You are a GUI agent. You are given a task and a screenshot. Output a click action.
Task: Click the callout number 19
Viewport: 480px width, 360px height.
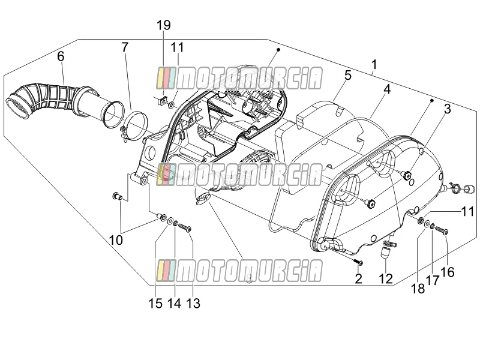click(164, 25)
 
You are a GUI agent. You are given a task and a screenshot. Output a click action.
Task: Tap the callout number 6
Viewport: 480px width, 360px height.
click(61, 56)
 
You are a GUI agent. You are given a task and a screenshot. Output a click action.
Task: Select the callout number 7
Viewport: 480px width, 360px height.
click(125, 47)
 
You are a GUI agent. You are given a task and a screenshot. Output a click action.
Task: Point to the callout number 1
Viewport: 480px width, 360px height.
click(374, 65)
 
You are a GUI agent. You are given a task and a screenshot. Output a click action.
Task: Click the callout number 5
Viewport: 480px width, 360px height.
click(348, 76)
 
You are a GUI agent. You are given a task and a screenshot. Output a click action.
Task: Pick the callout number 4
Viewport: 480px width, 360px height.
click(387, 89)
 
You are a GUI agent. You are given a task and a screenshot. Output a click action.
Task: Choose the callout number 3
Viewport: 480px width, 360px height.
click(447, 109)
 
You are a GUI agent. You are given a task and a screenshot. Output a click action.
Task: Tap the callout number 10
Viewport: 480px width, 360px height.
click(116, 241)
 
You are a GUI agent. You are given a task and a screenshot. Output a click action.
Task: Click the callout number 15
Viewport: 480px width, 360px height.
click(155, 304)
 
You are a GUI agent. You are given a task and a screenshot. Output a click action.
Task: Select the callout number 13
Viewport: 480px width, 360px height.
click(193, 304)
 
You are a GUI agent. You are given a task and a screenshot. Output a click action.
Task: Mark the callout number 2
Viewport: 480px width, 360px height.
click(358, 278)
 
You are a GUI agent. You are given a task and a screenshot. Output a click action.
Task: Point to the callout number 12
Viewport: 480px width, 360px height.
click(386, 278)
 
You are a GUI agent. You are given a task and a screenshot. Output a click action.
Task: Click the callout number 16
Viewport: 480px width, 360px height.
click(448, 272)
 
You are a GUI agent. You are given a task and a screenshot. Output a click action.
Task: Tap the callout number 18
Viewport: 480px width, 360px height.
click(418, 289)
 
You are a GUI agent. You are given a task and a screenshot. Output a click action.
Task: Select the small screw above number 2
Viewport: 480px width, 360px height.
click(358, 262)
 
